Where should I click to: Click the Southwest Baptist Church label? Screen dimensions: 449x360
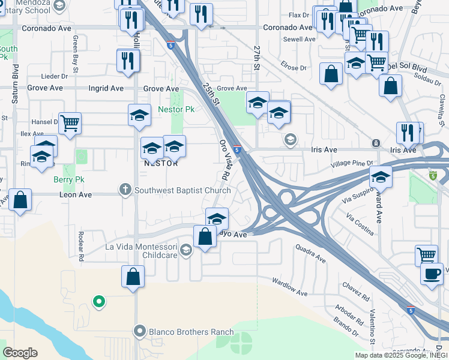pyautogui.click(x=183, y=191)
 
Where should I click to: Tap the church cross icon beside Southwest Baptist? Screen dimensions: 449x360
pyautogui.click(x=126, y=190)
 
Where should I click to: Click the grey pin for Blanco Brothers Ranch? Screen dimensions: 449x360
pyautogui.click(x=140, y=331)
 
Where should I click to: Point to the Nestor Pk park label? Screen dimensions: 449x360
pyautogui.click(x=176, y=110)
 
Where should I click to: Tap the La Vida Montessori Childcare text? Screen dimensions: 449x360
pyautogui.click(x=142, y=251)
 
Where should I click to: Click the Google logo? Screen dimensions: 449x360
pyautogui.click(x=20, y=353)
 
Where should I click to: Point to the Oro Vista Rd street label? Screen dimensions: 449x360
pyautogui.click(x=224, y=160)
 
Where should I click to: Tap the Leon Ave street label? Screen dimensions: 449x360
pyautogui.click(x=75, y=194)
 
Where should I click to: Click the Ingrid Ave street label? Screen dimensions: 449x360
pyautogui.click(x=106, y=88)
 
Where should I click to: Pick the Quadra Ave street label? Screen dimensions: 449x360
pyautogui.click(x=310, y=253)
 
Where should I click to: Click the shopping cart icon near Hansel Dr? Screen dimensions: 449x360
pyautogui.click(x=70, y=124)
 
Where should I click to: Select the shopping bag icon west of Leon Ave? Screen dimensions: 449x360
pyautogui.click(x=20, y=201)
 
